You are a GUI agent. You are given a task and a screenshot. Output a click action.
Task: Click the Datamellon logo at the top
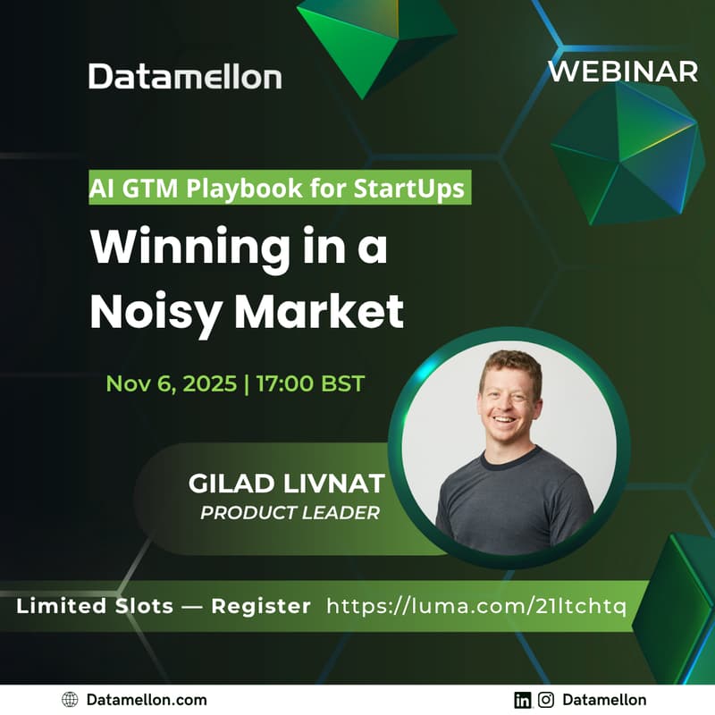coord(185,77)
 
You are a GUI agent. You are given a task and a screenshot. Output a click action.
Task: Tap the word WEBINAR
coord(622,71)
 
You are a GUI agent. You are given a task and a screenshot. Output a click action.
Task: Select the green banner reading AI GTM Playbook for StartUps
coord(280,189)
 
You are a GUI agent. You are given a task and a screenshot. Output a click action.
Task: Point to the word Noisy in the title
coord(156,310)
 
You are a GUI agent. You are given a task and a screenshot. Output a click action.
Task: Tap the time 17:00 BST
coord(310,383)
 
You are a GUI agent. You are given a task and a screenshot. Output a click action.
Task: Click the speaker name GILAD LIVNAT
coord(286,484)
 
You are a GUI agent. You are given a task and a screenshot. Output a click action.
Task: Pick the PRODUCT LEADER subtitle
coord(290,513)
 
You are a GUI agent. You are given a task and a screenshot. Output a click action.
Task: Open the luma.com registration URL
coord(477,606)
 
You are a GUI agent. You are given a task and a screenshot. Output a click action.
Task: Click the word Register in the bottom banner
coord(261,606)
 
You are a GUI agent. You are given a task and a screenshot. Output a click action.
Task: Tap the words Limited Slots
coord(95,606)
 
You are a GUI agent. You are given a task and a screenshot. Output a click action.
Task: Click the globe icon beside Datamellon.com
coord(70,700)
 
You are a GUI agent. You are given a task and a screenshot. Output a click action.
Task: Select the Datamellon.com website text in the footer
coord(147,700)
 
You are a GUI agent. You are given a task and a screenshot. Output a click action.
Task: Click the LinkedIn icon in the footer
coord(523,700)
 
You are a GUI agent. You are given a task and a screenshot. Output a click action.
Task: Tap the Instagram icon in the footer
coord(545,700)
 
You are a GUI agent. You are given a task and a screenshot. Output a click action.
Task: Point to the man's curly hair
coord(509,362)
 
